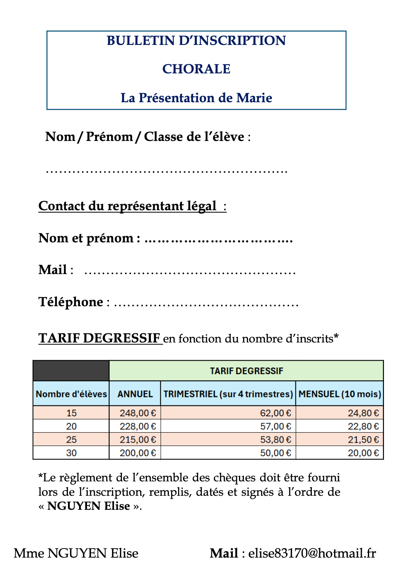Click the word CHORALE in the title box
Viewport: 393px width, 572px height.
pyautogui.click(x=196, y=69)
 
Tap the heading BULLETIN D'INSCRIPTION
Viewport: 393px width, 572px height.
pyautogui.click(x=196, y=40)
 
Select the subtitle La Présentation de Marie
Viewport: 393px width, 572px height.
pyautogui.click(x=196, y=98)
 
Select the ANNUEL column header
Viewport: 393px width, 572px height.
pyautogui.click(x=135, y=394)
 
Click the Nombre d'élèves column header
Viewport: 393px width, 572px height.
pyautogui.click(x=71, y=394)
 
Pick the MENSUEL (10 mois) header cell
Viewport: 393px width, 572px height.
pyautogui.click(x=340, y=394)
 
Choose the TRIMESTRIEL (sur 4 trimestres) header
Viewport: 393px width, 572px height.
pyautogui.click(x=228, y=394)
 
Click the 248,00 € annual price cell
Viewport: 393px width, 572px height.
pyautogui.click(x=138, y=413)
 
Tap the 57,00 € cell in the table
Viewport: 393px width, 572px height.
pyautogui.click(x=275, y=426)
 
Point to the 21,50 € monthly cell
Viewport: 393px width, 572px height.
pyautogui.click(x=363, y=440)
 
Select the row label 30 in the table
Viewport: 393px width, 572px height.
pyautogui.click(x=71, y=453)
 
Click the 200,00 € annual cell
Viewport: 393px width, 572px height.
pyautogui.click(x=138, y=453)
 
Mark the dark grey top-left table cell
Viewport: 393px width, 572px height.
pyautogui.click(x=71, y=370)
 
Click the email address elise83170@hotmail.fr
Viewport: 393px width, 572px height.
pyautogui.click(x=312, y=553)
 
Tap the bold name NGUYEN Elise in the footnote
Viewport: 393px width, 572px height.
pyautogui.click(x=89, y=506)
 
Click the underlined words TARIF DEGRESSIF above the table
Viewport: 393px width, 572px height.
pyautogui.click(x=99, y=338)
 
